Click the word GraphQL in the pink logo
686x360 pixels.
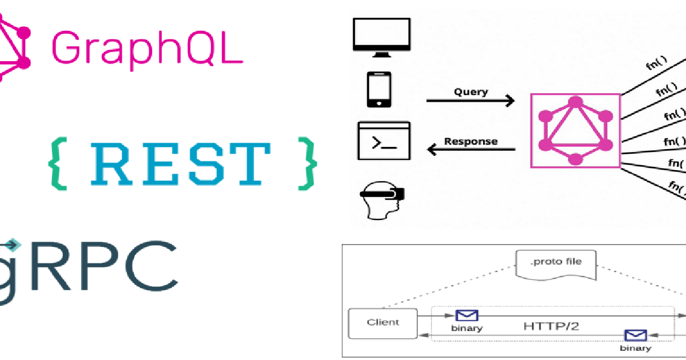click(147, 50)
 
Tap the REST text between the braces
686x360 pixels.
click(181, 164)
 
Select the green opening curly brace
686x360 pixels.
click(58, 164)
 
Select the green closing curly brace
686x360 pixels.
click(307, 164)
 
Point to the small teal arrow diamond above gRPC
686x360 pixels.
click(12, 245)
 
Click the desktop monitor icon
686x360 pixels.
click(382, 38)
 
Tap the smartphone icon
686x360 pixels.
click(379, 89)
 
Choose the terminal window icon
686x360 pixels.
click(384, 141)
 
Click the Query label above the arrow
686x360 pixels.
click(471, 92)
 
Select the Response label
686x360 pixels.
click(470, 141)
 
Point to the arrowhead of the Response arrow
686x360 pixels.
click(431, 149)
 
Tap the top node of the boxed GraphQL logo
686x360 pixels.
click(576, 102)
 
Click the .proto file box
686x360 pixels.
click(556, 265)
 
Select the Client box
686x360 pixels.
click(383, 323)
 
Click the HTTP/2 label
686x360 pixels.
click(551, 326)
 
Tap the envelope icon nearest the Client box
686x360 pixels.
click(466, 315)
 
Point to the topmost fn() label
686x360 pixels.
click(657, 63)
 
